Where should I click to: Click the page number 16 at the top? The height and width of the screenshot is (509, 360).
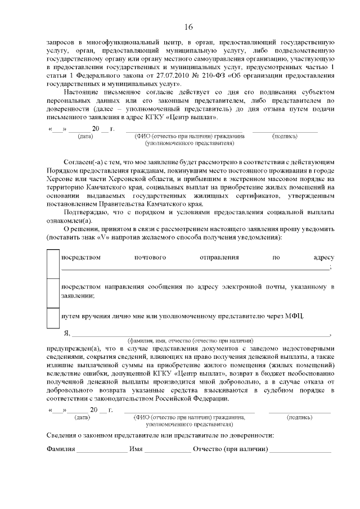(188, 27)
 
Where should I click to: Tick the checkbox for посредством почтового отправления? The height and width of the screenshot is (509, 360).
(53, 264)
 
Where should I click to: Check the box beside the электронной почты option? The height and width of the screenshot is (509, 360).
(53, 292)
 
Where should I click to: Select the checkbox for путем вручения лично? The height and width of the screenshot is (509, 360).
(53, 317)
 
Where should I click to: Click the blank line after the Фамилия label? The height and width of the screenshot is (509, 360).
(102, 451)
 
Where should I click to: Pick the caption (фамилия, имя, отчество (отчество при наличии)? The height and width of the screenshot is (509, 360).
(191, 341)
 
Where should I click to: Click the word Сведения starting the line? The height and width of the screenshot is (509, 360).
(62, 435)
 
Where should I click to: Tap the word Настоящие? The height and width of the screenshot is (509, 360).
(82, 92)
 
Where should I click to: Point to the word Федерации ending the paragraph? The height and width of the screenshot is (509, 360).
(210, 399)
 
